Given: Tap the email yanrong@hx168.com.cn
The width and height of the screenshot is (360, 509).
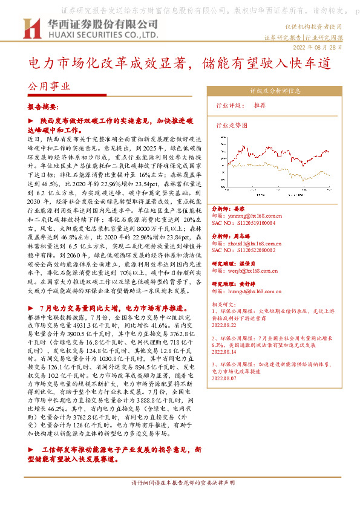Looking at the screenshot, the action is pos(249,216).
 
